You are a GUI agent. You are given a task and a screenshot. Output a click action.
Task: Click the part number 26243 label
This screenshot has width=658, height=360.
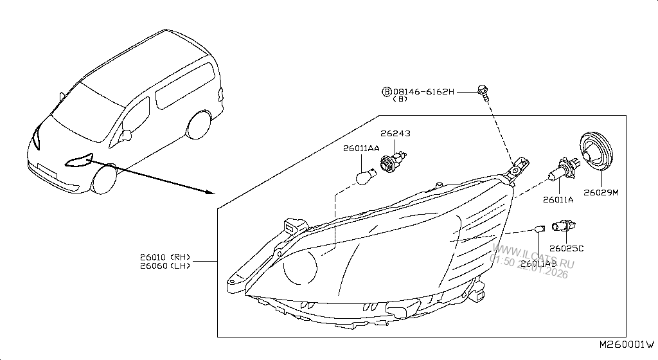(x=395, y=134)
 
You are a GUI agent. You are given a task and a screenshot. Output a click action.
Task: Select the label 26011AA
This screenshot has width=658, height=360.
(x=361, y=148)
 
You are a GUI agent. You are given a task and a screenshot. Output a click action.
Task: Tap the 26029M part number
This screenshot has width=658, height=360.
(x=601, y=192)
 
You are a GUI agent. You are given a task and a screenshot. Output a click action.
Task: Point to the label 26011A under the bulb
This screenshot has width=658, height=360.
(x=558, y=200)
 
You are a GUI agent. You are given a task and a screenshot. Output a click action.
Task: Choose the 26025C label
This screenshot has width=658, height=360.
(x=566, y=248)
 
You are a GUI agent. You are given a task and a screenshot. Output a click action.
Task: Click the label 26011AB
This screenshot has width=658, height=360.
(x=539, y=264)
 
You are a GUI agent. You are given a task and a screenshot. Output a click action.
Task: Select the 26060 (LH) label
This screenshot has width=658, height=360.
(x=165, y=266)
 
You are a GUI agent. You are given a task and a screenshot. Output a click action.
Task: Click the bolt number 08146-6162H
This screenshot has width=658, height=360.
(x=423, y=92)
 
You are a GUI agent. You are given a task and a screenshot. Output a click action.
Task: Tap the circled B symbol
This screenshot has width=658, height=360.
(x=387, y=92)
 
